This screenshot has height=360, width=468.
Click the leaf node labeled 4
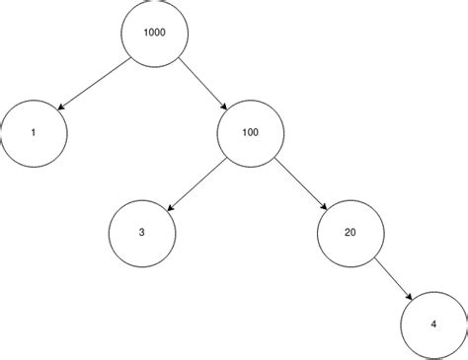point(435,324)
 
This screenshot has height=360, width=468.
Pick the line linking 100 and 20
point(299,182)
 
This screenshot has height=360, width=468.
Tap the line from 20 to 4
point(393,279)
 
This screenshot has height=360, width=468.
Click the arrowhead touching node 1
point(62,108)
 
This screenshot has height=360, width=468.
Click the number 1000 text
point(154,32)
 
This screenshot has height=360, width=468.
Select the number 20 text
point(351,233)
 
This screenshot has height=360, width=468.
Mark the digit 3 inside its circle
point(141,233)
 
